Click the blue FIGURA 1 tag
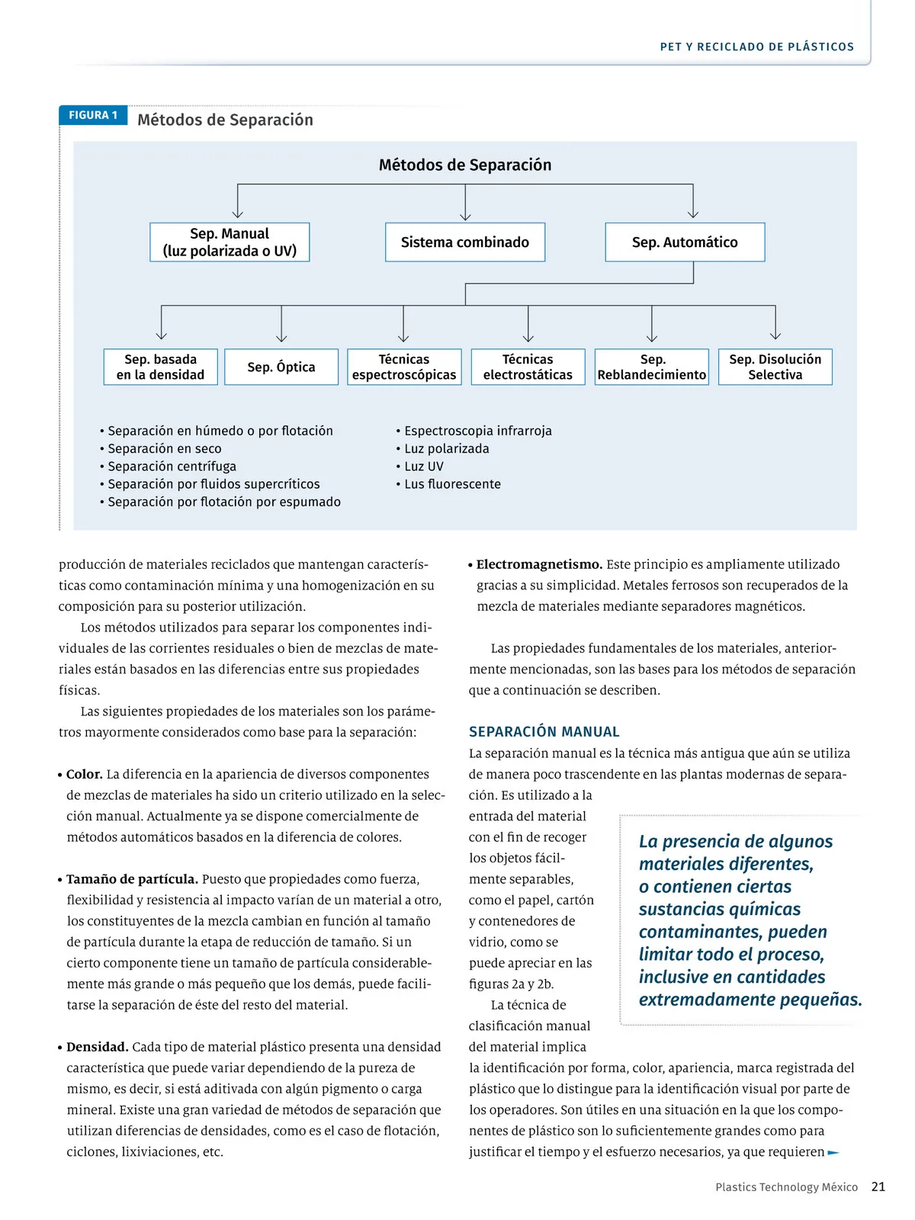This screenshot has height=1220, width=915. (93, 115)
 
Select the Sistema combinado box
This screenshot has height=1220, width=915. (465, 242)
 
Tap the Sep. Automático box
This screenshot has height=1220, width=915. (685, 242)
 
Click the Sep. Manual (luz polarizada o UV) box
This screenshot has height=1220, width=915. (230, 242)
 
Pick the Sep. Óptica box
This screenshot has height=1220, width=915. (281, 367)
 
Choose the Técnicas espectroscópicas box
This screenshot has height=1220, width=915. (404, 367)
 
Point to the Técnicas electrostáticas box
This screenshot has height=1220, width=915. (528, 367)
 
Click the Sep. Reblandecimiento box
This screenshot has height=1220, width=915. (652, 367)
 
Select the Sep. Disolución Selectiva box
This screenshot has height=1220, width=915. (775, 367)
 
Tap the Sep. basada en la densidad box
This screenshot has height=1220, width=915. (161, 367)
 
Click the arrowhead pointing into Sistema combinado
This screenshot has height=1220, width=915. (465, 216)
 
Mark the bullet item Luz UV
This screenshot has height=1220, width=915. (424, 467)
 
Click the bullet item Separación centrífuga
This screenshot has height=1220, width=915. (172, 467)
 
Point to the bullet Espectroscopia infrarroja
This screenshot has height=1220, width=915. (477, 431)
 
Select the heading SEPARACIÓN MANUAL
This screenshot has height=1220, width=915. (544, 732)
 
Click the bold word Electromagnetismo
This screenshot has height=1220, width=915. (539, 564)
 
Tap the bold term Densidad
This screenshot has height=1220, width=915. (98, 1047)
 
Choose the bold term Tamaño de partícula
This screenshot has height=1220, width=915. (132, 879)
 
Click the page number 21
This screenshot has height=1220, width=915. (878, 1186)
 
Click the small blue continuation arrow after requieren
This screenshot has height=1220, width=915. (833, 1152)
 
